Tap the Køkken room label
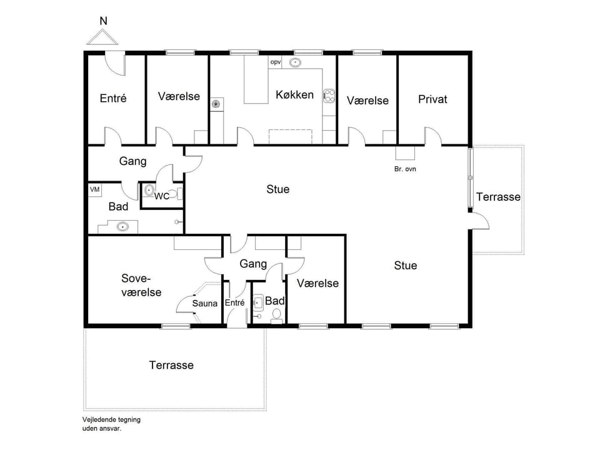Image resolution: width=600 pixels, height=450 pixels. click(x=294, y=95)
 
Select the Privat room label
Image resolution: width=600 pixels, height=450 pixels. click(x=432, y=99)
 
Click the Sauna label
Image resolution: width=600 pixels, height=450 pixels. click(x=204, y=304)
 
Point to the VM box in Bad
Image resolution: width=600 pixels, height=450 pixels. click(x=95, y=189)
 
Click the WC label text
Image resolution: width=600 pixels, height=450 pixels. click(x=162, y=196)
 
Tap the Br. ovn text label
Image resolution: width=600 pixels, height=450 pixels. click(x=405, y=169)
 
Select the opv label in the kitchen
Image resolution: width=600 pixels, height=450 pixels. click(x=276, y=62)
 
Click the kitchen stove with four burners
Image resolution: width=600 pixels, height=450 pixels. click(x=329, y=96)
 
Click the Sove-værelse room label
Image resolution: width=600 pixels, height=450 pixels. click(x=141, y=286)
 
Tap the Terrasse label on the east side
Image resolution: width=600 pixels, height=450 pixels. click(x=498, y=197)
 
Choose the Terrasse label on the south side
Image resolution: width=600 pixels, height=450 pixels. click(x=171, y=365)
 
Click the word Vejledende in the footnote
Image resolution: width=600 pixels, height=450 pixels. click(x=98, y=420)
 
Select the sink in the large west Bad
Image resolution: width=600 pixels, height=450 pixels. click(x=123, y=227)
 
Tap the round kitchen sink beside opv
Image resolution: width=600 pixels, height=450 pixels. click(x=296, y=62)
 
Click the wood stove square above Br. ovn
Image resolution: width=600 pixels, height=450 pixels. click(x=405, y=153)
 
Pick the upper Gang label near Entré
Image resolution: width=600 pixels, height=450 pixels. click(x=132, y=161)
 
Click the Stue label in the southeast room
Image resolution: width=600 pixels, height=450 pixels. click(x=405, y=266)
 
